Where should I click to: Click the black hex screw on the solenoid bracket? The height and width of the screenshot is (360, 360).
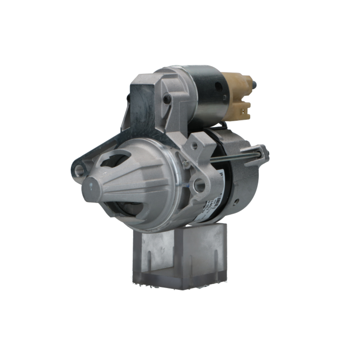(x=166, y=98)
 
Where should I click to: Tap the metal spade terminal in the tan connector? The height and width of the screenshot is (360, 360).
(x=247, y=107)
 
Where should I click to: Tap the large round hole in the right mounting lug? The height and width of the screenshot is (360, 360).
(x=199, y=185)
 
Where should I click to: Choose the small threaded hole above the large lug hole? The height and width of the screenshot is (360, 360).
(x=195, y=146)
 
